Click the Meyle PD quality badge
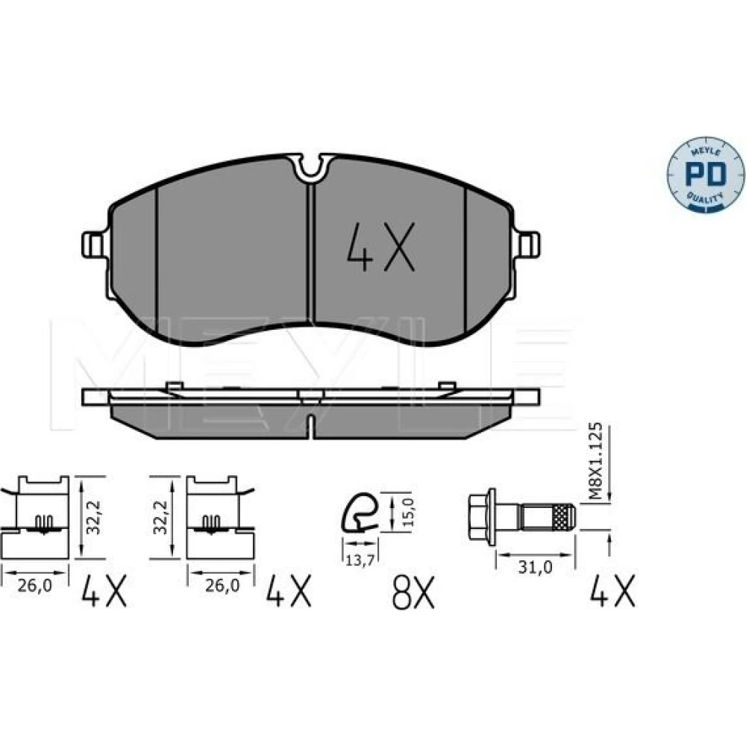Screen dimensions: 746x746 click(x=706, y=175)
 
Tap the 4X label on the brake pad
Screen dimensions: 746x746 click(x=380, y=247)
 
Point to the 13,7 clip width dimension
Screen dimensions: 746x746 click(x=360, y=560)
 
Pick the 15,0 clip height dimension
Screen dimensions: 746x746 click(x=409, y=511)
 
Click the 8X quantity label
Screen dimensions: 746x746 click(x=413, y=592)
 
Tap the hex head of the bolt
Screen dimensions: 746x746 click(x=483, y=516)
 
